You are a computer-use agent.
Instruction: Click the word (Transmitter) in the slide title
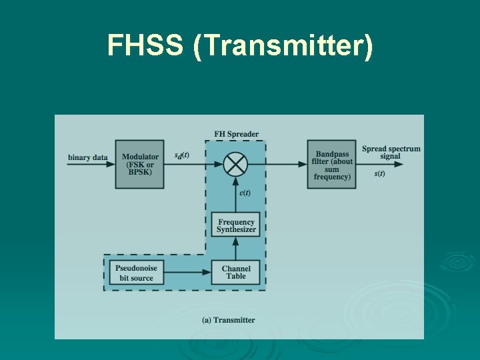pos(283,47)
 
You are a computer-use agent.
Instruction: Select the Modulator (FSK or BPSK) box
pos(140,164)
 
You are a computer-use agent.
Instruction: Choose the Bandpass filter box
pos(332,165)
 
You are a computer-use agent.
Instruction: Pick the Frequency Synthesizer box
pos(236,225)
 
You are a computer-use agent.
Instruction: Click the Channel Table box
pos(236,272)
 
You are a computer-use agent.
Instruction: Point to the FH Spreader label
pos(236,134)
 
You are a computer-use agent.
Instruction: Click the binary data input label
pos(87,158)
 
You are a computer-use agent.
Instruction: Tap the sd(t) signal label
pos(181,155)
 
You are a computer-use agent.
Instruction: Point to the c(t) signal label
pos(245,193)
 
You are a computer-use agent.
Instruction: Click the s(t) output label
pos(379,173)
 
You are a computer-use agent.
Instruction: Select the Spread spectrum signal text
pos(391,153)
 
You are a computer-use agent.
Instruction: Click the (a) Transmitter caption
pos(228,320)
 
